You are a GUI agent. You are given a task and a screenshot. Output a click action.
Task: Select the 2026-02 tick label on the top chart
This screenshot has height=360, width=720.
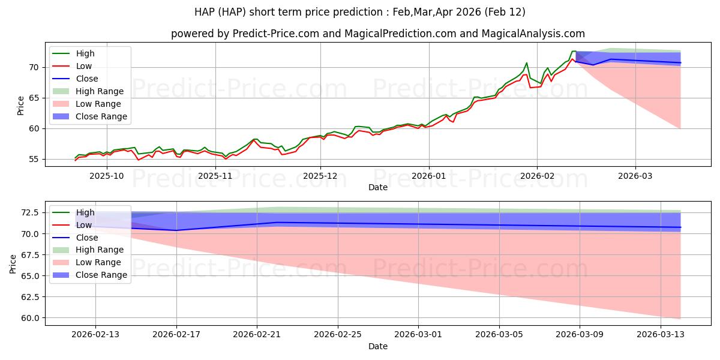coord(537,176)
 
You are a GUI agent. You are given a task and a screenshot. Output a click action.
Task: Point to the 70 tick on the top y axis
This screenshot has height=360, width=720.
coord(35,67)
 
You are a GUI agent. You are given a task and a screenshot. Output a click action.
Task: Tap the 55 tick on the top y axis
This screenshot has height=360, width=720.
coord(35,159)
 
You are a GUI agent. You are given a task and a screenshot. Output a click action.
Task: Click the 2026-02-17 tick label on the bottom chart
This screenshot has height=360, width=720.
coord(176,334)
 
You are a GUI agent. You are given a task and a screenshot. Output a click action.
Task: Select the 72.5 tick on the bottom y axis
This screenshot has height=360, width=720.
coord(30,212)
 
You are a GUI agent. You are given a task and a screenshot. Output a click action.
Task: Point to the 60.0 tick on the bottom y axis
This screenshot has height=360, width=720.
coord(30,318)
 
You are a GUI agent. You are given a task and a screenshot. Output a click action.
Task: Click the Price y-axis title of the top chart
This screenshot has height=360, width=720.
coord(21,106)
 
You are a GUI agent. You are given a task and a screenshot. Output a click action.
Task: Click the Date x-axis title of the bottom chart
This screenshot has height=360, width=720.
coord(378,346)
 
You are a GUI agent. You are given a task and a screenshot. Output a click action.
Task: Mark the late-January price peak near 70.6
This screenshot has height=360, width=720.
coord(527,63)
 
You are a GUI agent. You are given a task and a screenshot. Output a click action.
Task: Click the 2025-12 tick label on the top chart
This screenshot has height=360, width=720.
coord(320,176)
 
